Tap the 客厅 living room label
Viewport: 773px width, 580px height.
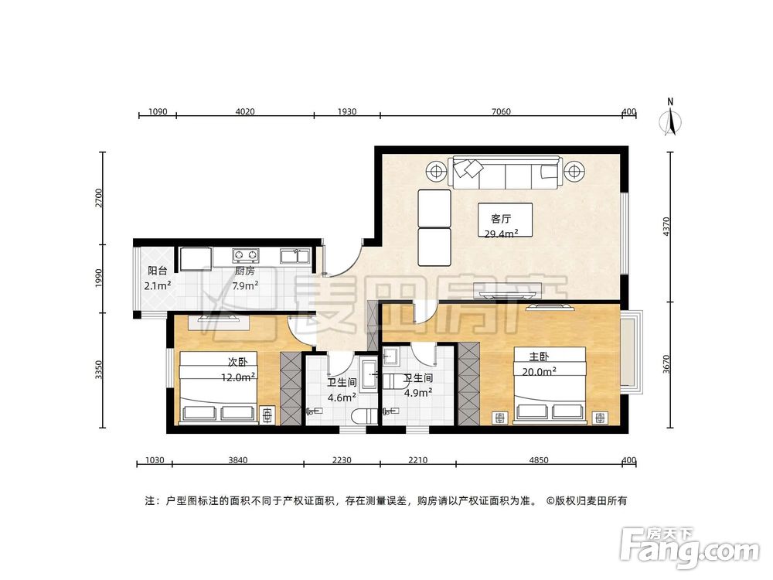494,218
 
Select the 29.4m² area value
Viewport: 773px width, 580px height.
501,234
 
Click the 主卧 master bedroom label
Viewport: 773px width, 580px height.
539,357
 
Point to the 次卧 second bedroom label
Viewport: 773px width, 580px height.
237,362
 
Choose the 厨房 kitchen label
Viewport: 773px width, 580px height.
245,271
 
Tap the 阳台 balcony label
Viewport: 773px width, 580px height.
158,271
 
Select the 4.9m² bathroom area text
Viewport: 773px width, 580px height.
417,392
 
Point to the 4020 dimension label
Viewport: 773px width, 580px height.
244,112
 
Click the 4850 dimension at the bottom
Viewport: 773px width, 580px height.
538,461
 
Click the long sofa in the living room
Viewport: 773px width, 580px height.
506,172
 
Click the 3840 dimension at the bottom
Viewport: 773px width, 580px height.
237,461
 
